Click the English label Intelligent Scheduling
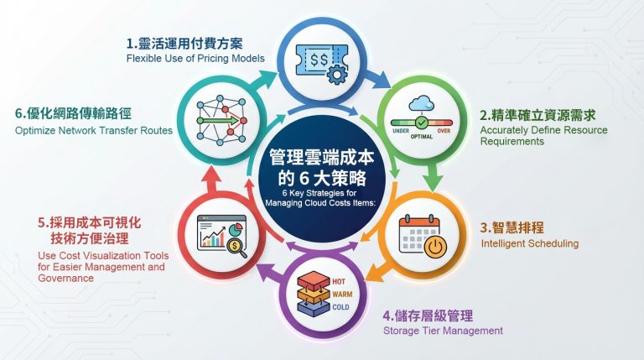click(x=529, y=244)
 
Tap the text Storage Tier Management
click(x=443, y=331)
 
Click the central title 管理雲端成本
click(x=322, y=157)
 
